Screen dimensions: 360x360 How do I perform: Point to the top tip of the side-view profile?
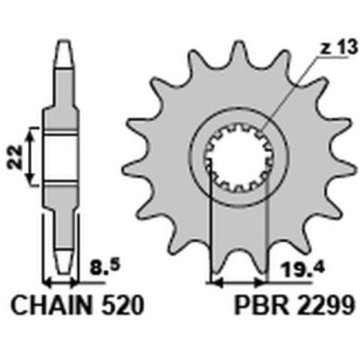(61, 41)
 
